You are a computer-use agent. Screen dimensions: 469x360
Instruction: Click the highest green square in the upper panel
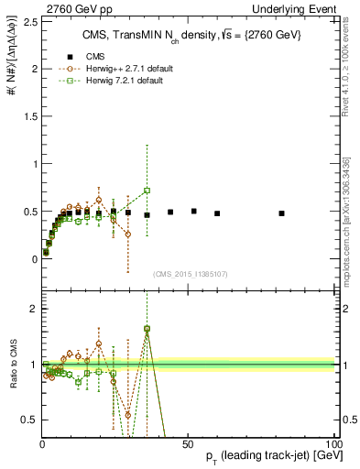(147, 191)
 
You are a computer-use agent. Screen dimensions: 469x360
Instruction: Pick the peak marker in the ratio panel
(147, 328)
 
